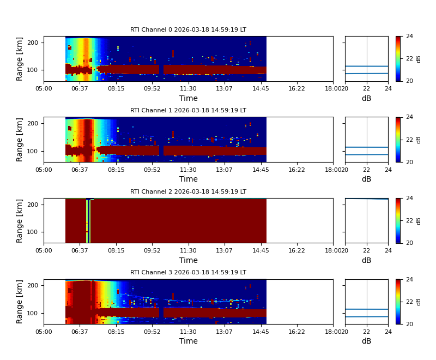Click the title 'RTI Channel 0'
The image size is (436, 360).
click(x=188, y=30)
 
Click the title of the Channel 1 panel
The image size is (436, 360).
click(x=188, y=111)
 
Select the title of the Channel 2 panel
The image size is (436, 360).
click(x=188, y=192)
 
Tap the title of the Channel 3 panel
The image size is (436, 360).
click(x=188, y=273)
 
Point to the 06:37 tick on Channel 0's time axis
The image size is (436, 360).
click(x=80, y=88)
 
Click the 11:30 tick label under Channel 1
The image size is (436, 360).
click(x=189, y=169)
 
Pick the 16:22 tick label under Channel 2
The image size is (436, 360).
click(x=296, y=250)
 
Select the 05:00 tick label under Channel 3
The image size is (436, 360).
click(x=44, y=331)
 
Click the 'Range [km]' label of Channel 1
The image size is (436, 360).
click(x=20, y=140)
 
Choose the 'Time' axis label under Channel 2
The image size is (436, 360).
click(x=189, y=260)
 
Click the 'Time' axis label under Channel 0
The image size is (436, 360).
click(x=189, y=99)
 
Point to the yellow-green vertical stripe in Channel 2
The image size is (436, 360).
click(x=88, y=221)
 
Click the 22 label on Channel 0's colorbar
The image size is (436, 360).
click(x=409, y=59)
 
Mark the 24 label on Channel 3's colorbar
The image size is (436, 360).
click(x=409, y=280)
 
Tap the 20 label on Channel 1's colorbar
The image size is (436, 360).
click(x=409, y=162)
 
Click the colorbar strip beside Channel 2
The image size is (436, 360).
click(x=398, y=220)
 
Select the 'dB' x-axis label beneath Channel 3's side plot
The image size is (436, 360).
click(x=366, y=341)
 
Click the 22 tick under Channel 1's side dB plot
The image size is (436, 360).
click(x=367, y=169)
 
